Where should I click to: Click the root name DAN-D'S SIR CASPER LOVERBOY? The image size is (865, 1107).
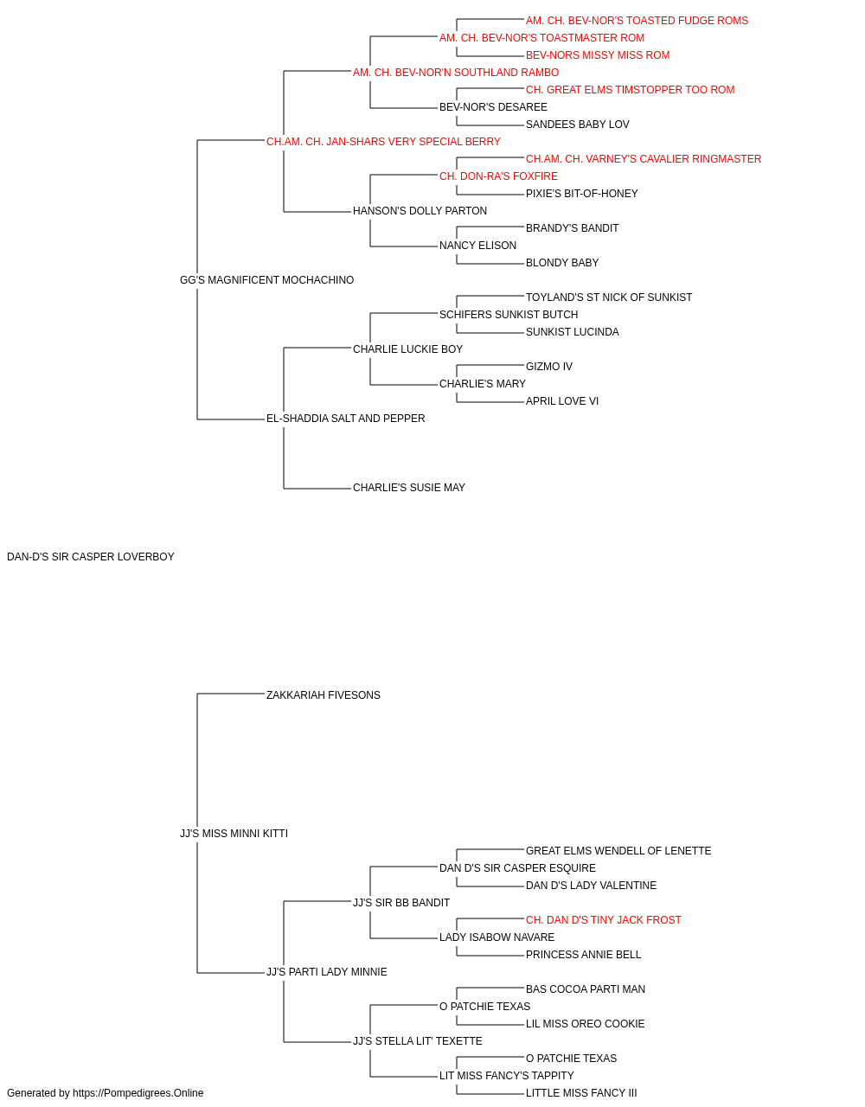(91, 557)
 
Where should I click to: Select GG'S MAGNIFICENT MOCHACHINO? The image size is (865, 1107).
(266, 280)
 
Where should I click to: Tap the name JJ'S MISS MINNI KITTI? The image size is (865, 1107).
(234, 834)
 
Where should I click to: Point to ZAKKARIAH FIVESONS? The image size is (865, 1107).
(323, 695)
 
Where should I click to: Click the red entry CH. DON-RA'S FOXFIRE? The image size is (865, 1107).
(498, 176)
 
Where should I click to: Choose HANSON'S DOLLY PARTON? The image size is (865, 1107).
(420, 211)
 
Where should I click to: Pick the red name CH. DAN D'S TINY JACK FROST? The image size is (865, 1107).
(603, 920)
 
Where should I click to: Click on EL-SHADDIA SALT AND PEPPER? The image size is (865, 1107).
(345, 419)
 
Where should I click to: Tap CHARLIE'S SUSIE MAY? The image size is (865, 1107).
(408, 488)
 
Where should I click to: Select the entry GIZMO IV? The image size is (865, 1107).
(549, 367)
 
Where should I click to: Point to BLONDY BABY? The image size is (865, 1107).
(562, 263)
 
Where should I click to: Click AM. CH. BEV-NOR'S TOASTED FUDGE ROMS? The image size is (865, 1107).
(637, 21)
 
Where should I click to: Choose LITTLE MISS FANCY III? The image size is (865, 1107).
(581, 1093)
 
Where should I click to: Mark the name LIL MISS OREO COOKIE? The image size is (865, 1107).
(585, 1023)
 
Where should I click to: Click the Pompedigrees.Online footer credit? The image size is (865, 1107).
(105, 1093)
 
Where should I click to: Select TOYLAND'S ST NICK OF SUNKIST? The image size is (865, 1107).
(609, 298)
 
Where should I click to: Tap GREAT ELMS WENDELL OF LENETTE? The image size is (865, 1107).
(618, 851)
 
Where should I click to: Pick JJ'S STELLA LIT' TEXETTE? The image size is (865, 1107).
(417, 1040)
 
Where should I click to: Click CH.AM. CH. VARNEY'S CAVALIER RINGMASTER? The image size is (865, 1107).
(644, 159)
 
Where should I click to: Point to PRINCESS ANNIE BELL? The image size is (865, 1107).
(583, 955)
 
